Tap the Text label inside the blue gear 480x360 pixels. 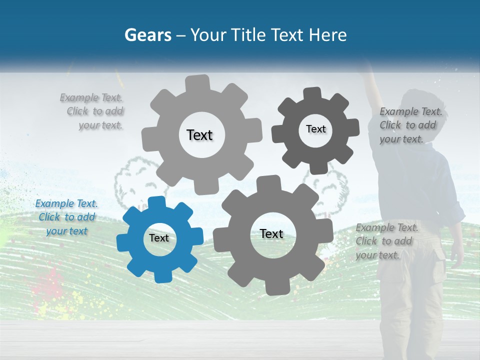159,238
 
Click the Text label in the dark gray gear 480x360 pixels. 315,129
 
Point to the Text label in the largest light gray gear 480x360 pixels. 199,135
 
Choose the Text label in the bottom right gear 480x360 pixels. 271,233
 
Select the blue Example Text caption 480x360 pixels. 66,217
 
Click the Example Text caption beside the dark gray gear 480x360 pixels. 410,125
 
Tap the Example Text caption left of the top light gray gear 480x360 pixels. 93,111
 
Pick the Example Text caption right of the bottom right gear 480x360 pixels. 386,241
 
